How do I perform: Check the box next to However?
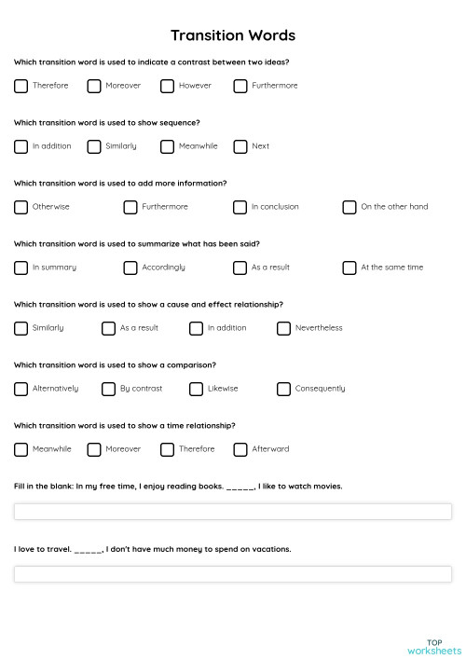pyautogui.click(x=167, y=86)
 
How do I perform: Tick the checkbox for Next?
pyautogui.click(x=240, y=146)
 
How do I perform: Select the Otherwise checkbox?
pyautogui.click(x=21, y=207)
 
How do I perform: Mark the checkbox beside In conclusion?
pyautogui.click(x=240, y=207)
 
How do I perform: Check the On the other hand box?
pyautogui.click(x=349, y=207)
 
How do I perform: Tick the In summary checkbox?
pyautogui.click(x=21, y=268)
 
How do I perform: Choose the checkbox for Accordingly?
pyautogui.click(x=130, y=268)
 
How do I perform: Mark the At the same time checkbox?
pyautogui.click(x=349, y=268)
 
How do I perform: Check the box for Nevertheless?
pyautogui.click(x=283, y=328)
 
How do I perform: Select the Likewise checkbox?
pyautogui.click(x=196, y=389)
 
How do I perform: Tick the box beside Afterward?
pyautogui.click(x=240, y=449)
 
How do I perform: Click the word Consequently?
pyautogui.click(x=320, y=389)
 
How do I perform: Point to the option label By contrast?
pyautogui.click(x=141, y=389)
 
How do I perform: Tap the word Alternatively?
pyautogui.click(x=55, y=389)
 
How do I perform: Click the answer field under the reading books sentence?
pyautogui.click(x=232, y=512)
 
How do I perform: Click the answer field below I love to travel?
pyautogui.click(x=232, y=574)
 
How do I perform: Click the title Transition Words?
pyautogui.click(x=233, y=35)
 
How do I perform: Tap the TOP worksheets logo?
pyautogui.click(x=433, y=646)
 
